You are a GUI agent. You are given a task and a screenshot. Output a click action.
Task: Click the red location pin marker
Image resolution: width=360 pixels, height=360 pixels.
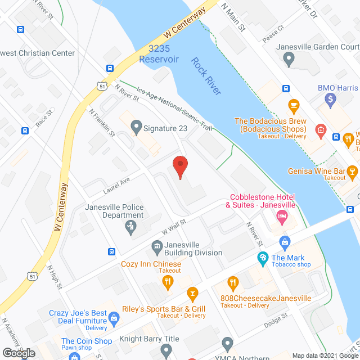[x=179, y=166]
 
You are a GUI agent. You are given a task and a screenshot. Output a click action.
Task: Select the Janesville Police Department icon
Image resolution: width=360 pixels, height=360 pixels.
[x=130, y=226]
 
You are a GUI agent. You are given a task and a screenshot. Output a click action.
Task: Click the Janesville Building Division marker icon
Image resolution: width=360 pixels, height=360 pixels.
[x=156, y=246]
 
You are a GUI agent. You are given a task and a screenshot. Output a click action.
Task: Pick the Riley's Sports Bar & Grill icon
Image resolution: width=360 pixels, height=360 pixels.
[x=193, y=293]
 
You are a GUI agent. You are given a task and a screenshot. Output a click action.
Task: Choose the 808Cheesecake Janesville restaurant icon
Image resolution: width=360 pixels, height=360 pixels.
[x=231, y=282]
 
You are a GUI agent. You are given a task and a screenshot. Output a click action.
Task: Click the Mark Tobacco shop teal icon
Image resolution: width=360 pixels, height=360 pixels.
[x=262, y=258]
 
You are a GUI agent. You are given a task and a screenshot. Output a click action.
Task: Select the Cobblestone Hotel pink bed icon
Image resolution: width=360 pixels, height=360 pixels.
[x=283, y=216]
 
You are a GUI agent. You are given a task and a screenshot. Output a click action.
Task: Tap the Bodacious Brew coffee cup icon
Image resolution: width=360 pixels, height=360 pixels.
[x=292, y=105]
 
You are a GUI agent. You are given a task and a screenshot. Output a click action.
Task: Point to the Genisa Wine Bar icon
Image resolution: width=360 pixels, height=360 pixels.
[x=353, y=170]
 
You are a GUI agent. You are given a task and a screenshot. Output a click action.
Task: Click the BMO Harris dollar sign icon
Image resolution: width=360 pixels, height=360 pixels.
[x=331, y=99]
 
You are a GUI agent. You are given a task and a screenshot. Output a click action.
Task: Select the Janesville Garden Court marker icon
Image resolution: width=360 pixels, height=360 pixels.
[x=289, y=58]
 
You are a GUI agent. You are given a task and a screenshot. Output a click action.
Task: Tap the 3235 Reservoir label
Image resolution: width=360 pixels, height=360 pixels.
[x=160, y=54]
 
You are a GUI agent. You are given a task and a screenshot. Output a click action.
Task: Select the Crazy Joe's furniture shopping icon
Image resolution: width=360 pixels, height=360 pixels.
[x=115, y=319]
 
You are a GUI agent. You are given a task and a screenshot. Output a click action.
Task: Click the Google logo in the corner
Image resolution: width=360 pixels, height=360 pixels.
[x=19, y=353]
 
